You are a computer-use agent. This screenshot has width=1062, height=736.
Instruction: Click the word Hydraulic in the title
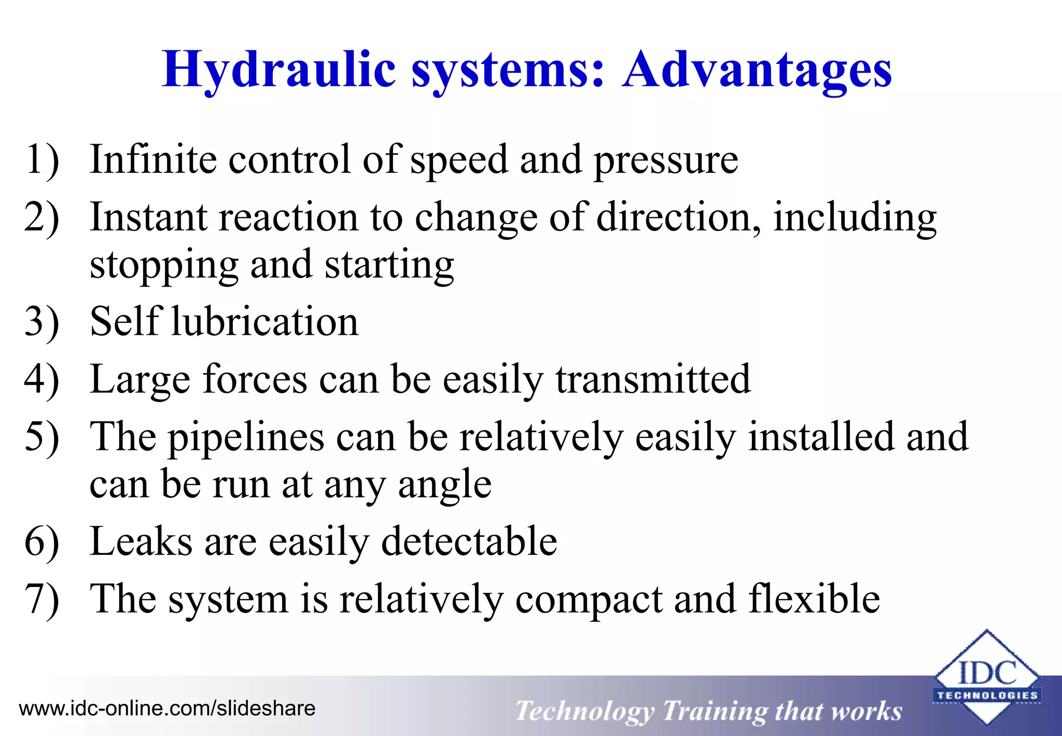coord(279,70)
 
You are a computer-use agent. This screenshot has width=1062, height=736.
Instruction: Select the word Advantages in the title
coord(757,70)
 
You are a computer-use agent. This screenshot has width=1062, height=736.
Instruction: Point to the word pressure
coord(665,161)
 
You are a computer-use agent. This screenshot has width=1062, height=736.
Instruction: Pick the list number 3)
coord(41,322)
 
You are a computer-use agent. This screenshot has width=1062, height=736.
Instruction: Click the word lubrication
coord(265,322)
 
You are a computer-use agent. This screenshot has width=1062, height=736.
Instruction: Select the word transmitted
coord(653,379)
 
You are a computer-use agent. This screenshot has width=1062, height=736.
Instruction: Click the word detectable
coord(469,541)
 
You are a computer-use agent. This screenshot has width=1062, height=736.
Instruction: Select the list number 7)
coord(41,600)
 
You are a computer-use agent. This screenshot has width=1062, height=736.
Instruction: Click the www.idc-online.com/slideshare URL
coord(167,708)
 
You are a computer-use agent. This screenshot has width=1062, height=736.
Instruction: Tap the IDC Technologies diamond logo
coord(986,677)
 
